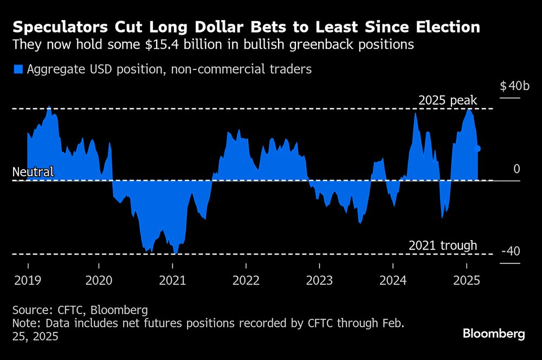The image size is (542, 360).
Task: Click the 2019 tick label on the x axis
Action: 28,280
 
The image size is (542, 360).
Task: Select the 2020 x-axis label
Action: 99,280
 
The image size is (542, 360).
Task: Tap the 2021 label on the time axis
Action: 172,280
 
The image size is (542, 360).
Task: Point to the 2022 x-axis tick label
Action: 246,280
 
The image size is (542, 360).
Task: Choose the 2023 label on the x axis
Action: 319,280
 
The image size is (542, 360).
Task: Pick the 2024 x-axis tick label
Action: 393,280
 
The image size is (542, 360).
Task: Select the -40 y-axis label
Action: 511,252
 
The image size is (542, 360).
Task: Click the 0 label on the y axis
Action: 517,169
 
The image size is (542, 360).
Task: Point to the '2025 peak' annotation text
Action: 448,100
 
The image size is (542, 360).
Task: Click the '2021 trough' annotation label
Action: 443,246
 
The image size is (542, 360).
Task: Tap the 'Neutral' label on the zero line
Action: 33,172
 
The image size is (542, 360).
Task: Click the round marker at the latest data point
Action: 478,149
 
